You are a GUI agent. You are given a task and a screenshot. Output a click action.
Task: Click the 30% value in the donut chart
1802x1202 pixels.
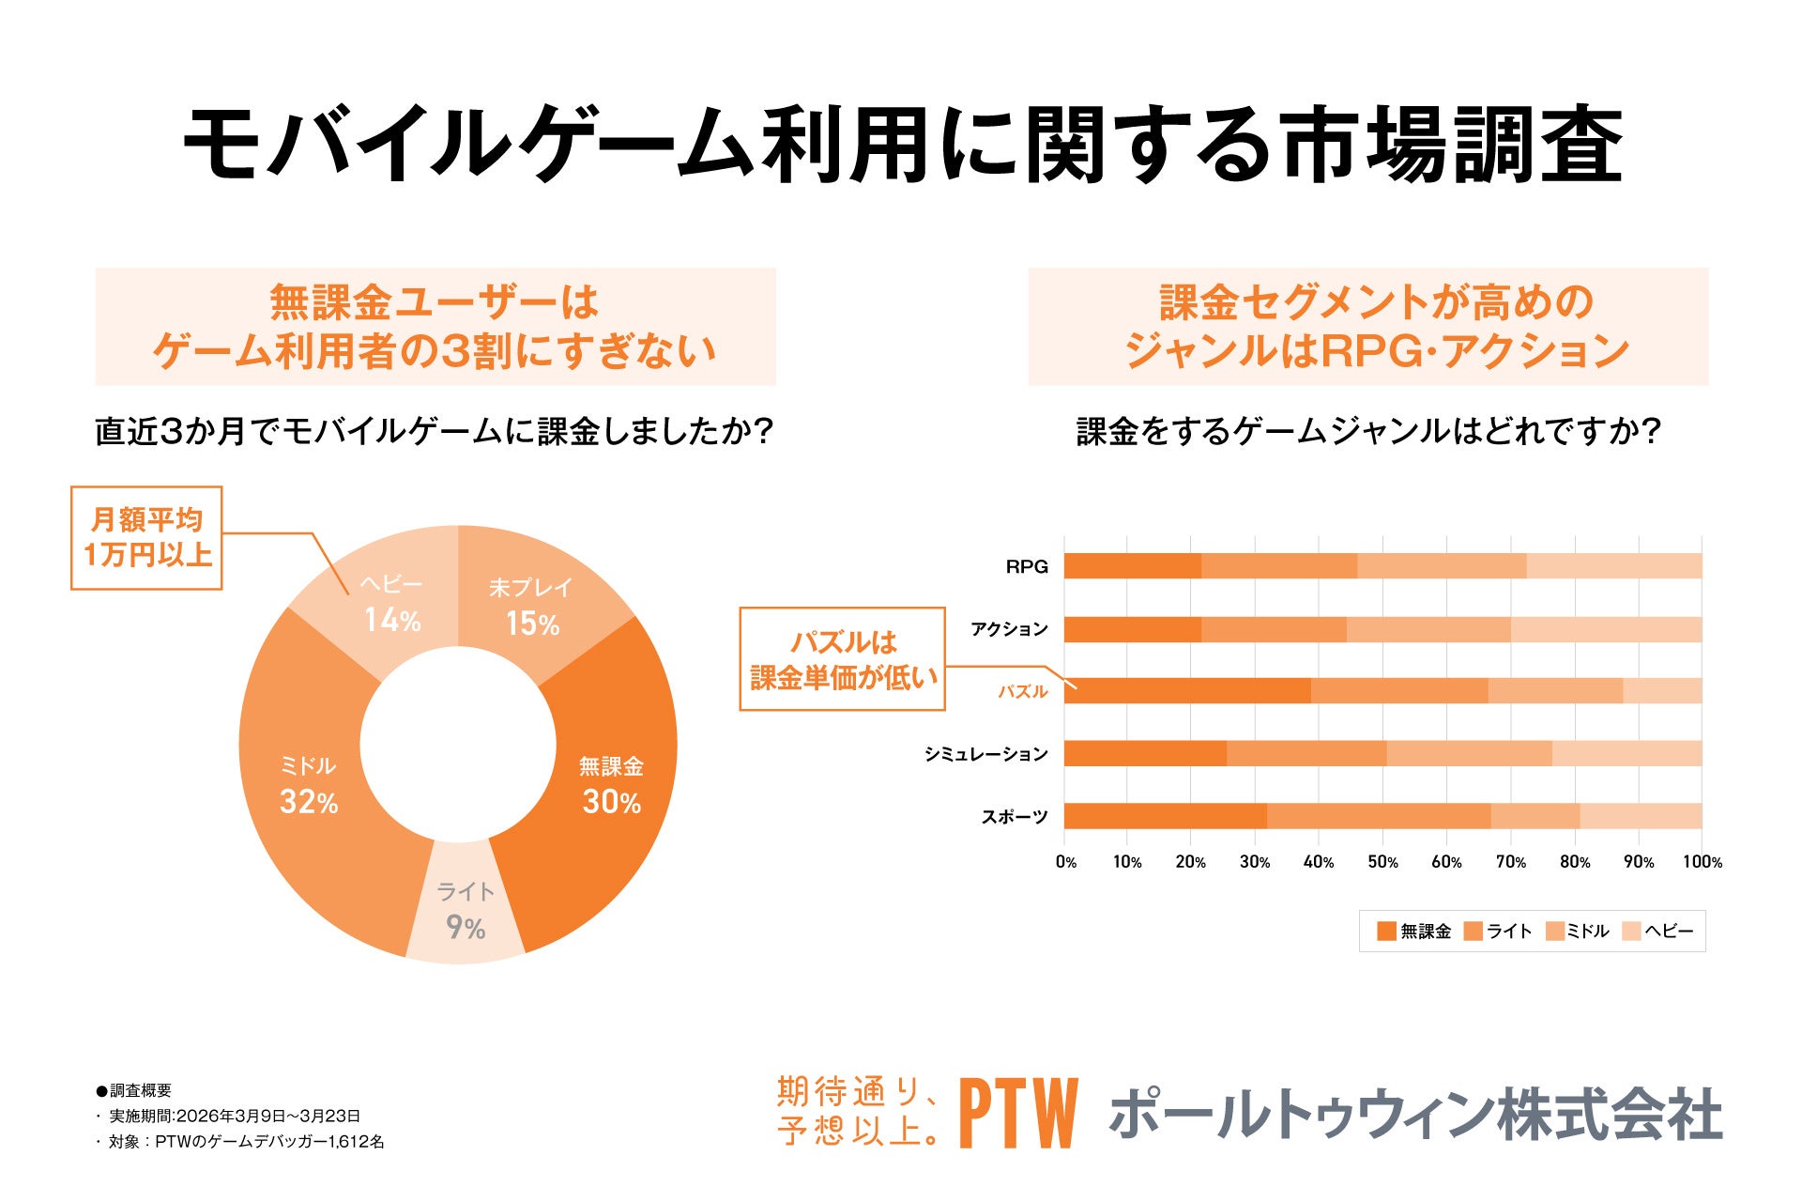pos(611,802)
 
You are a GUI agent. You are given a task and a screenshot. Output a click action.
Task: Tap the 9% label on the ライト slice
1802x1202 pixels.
pos(466,928)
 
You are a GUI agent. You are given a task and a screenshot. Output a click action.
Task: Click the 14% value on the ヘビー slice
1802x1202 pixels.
pos(392,620)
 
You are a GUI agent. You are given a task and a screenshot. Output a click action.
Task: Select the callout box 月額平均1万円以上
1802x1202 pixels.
pos(146,537)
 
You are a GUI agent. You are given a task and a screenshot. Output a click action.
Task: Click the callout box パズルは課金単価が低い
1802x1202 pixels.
pos(842,659)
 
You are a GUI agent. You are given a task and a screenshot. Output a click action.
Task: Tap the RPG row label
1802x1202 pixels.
pos(1026,566)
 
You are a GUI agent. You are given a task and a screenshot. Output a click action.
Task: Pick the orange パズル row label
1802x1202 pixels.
pos(1022,691)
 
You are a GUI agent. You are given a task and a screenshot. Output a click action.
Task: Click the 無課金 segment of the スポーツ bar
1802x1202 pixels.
pos(1164,816)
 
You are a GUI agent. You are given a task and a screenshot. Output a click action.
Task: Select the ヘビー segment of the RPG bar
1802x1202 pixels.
pos(1613,566)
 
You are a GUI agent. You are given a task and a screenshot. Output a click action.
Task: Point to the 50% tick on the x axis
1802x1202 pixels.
pos(1382,862)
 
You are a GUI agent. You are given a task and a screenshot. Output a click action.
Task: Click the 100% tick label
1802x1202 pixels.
pos(1702,862)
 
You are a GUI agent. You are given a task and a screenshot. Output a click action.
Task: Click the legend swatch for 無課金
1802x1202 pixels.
pos(1386,931)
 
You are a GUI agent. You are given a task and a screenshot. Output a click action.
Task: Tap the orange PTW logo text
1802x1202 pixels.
pos(1017,1114)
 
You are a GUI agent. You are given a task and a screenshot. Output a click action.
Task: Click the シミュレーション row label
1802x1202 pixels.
pos(985,754)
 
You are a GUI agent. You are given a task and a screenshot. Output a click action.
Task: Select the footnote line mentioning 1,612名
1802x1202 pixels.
pos(244,1142)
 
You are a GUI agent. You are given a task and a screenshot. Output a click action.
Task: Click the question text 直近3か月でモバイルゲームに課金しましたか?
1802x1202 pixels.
pos(434,432)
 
